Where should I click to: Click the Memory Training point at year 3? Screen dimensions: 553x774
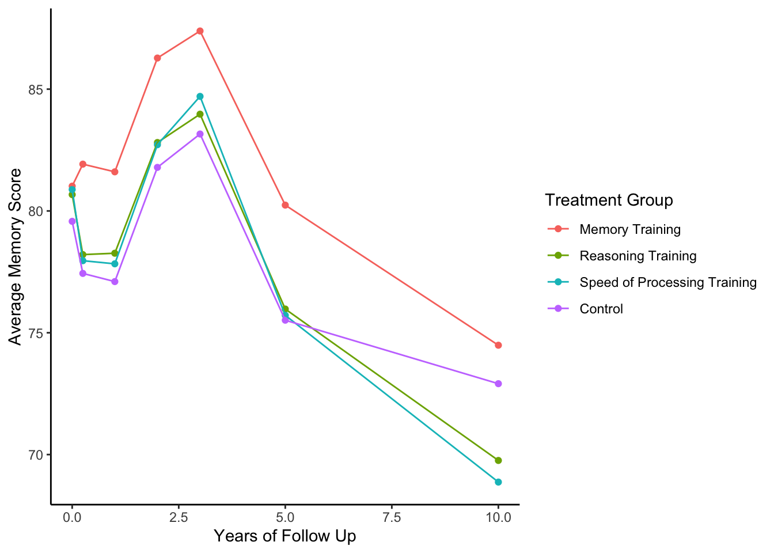coord(200,31)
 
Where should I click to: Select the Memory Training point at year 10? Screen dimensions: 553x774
coord(498,345)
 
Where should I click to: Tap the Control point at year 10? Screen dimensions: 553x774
coord(498,384)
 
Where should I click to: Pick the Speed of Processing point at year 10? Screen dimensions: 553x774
coord(498,482)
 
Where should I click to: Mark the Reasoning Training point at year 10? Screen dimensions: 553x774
coord(498,460)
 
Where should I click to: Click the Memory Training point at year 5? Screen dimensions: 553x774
coord(285,205)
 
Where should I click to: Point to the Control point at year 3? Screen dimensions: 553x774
coord(200,134)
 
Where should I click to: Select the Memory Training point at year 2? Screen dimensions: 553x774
coord(157,58)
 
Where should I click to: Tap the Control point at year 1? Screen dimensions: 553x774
coord(115,282)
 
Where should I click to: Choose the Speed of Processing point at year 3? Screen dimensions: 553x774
coord(200,96)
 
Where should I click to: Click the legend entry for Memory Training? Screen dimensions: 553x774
coord(630,230)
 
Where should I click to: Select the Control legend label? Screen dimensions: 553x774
coord(601,309)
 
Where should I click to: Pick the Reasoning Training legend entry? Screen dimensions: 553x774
coord(638,256)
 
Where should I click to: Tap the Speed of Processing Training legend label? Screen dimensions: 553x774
coord(668,283)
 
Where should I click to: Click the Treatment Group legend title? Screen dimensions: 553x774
coord(609,200)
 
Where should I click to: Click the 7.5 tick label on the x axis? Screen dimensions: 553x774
coord(392,517)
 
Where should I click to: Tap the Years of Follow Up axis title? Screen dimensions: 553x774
coord(285,536)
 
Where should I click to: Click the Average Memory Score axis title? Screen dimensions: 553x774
coord(16,257)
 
